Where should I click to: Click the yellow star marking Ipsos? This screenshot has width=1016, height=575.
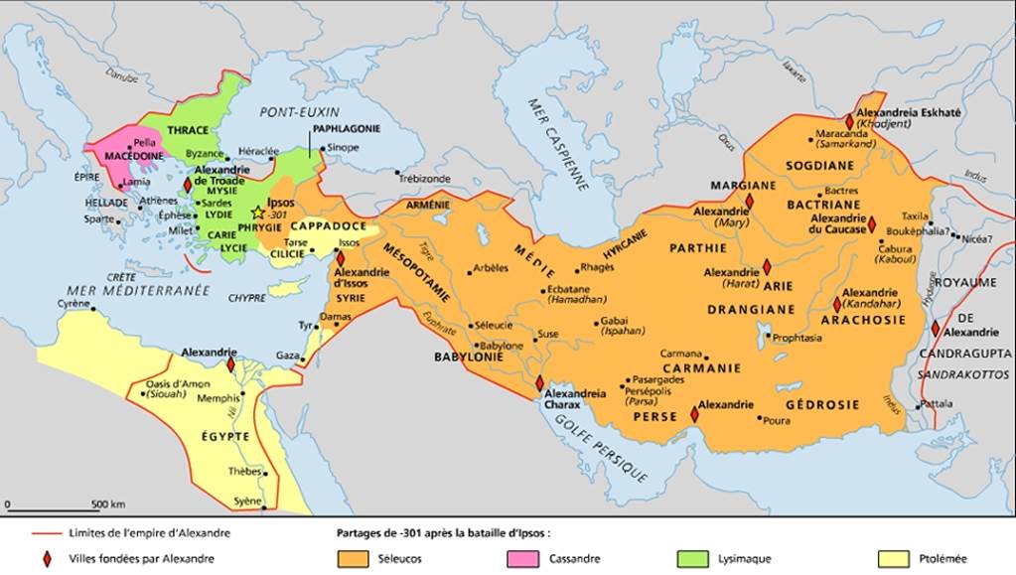(x=258, y=212)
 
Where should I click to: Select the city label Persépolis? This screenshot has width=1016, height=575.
(x=653, y=393)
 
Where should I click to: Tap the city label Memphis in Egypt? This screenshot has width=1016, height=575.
(x=218, y=398)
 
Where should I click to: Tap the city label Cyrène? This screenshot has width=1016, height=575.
(x=75, y=302)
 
